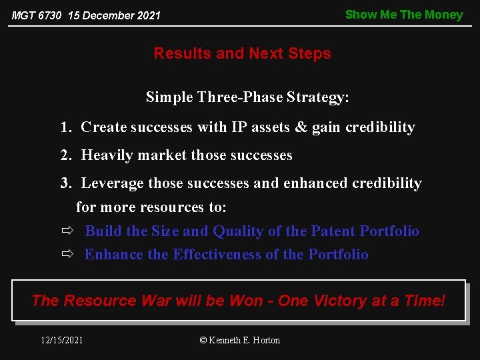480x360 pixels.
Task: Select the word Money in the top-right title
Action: (445, 15)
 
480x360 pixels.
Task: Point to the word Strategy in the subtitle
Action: (317, 97)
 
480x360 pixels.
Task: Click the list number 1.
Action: (65, 127)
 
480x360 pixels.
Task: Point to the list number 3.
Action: (65, 183)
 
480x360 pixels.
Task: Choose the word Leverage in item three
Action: (112, 183)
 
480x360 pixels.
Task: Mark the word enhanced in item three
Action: (314, 183)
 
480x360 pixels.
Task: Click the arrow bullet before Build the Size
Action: (67, 231)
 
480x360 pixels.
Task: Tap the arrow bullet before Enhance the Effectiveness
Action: (67, 255)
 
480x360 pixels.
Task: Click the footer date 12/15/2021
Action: (62, 340)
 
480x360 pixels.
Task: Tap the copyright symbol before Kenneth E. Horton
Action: (203, 340)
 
